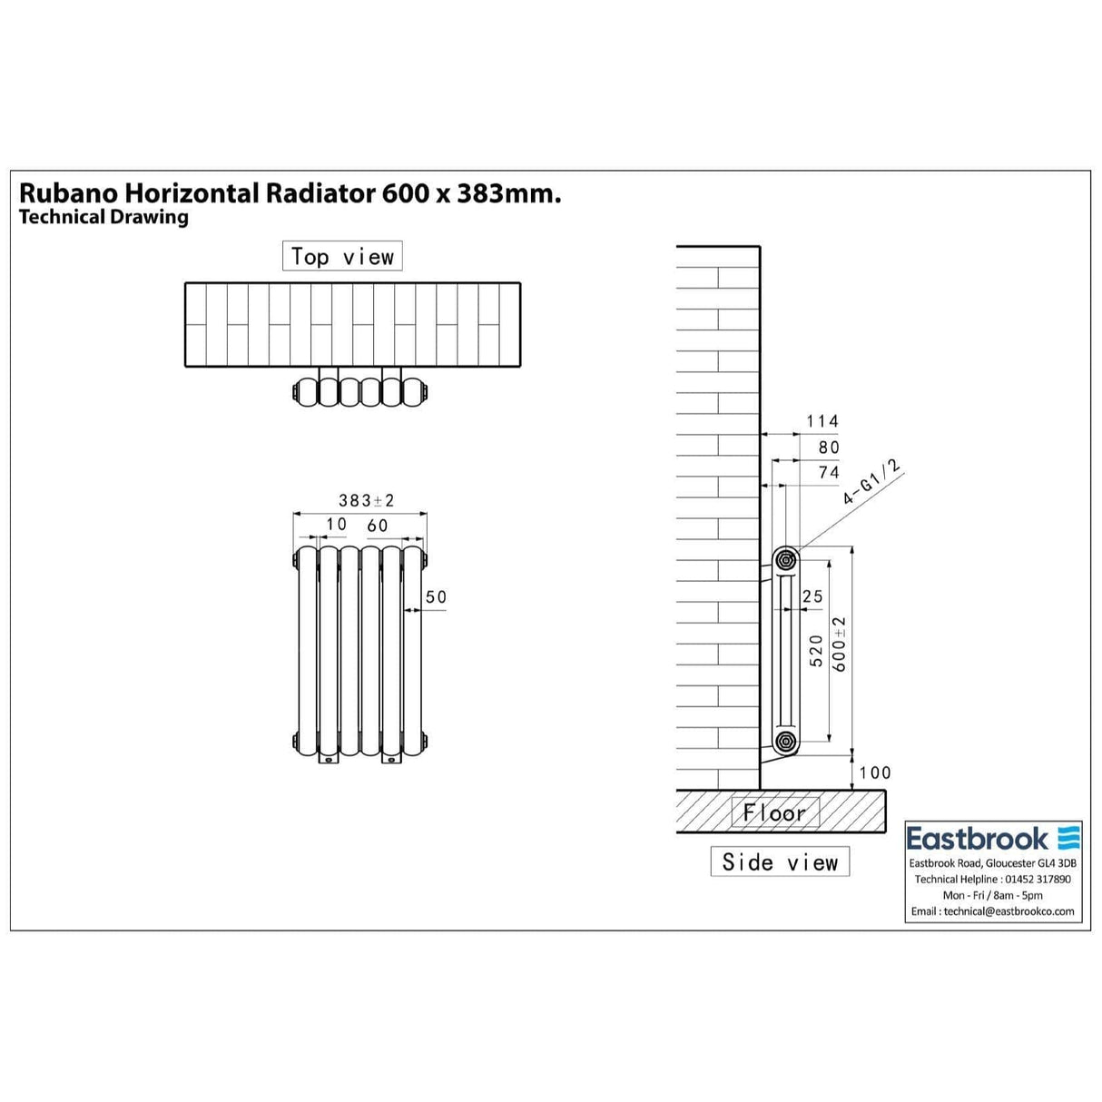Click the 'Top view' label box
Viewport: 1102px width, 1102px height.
pyautogui.click(x=342, y=257)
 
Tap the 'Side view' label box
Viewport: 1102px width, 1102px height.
pyautogui.click(x=780, y=861)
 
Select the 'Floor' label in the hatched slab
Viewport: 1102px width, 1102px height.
pyautogui.click(x=774, y=812)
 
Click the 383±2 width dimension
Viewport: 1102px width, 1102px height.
pyautogui.click(x=366, y=500)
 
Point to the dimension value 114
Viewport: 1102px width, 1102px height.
pyautogui.click(x=822, y=421)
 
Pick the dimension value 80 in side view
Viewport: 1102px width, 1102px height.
pyautogui.click(x=829, y=448)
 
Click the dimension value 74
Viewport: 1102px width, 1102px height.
pyautogui.click(x=829, y=472)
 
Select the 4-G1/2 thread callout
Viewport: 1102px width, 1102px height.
pyautogui.click(x=872, y=484)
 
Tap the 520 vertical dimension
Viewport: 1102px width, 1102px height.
pyautogui.click(x=816, y=651)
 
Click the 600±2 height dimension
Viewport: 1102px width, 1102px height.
pyautogui.click(x=840, y=644)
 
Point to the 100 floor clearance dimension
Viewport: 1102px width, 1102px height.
pyautogui.click(x=875, y=772)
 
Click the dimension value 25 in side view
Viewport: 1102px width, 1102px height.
pyautogui.click(x=812, y=596)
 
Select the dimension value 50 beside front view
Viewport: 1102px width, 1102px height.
pyautogui.click(x=436, y=596)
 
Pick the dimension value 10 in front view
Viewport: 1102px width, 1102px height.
pyautogui.click(x=336, y=525)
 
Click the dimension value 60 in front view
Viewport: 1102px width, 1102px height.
pyautogui.click(x=378, y=526)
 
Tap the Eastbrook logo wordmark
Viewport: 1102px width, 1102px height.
pyautogui.click(x=978, y=838)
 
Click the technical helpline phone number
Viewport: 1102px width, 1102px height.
pyautogui.click(x=1039, y=879)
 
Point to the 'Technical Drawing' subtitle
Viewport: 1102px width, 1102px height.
pyautogui.click(x=103, y=217)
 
